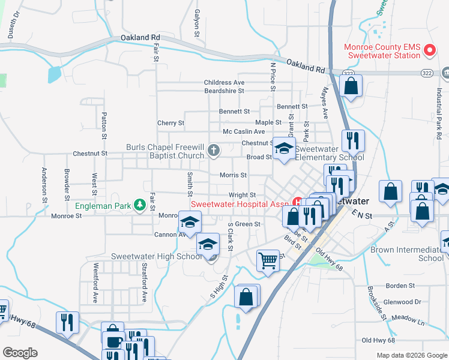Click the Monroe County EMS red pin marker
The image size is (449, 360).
(429, 50)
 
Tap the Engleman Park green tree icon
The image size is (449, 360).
(140, 206)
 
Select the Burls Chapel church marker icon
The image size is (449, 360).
(214, 152)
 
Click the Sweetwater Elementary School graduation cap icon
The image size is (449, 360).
(284, 149)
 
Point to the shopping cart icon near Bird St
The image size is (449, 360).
(268, 260)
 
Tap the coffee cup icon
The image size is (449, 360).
(112, 343)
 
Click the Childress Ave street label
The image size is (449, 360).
(224, 82)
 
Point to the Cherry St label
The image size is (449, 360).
(170, 123)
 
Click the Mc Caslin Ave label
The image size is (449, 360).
(243, 131)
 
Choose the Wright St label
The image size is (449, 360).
(242, 195)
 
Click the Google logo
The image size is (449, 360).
(20, 353)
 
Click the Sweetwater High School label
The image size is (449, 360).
(156, 257)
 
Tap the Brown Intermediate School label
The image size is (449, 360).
(407, 254)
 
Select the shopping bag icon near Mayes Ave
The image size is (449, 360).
(351, 85)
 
